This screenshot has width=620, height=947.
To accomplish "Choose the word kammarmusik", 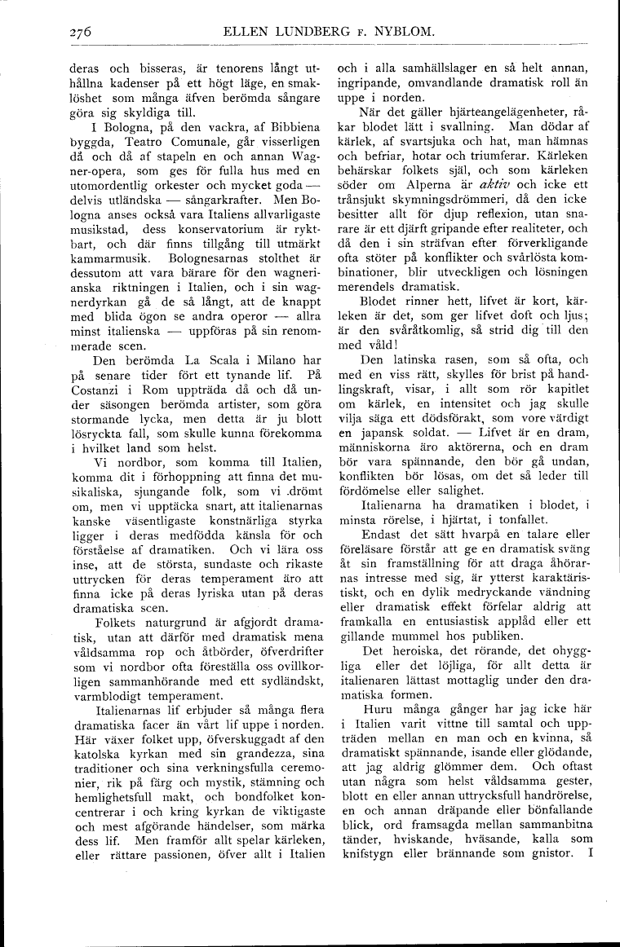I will click(x=105, y=258).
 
